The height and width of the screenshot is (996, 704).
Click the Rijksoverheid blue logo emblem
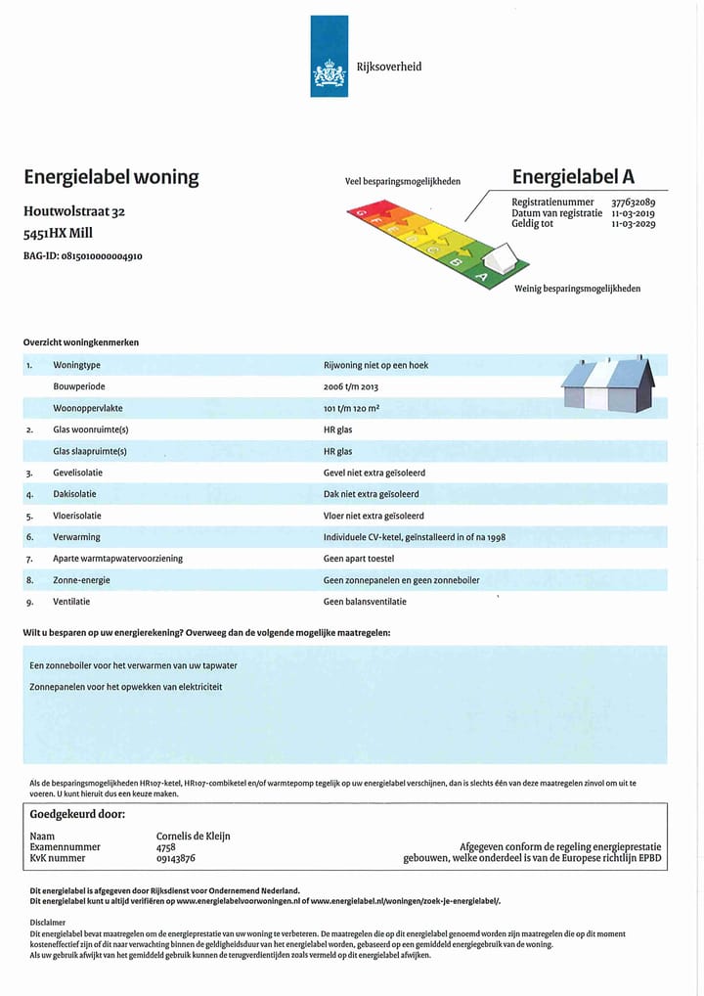click(x=329, y=57)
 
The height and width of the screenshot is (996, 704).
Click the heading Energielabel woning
click(x=110, y=177)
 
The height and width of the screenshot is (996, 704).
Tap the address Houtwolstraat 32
click(x=74, y=211)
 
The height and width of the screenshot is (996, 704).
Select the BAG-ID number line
click(x=83, y=256)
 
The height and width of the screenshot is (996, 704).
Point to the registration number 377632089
click(x=634, y=203)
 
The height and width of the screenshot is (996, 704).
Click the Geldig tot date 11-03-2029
click(x=634, y=224)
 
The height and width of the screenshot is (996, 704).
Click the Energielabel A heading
click(x=573, y=177)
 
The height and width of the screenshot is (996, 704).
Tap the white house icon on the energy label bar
click(x=500, y=261)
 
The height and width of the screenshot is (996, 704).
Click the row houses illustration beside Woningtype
click(x=607, y=385)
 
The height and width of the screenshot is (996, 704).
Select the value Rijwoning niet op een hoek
click(x=375, y=365)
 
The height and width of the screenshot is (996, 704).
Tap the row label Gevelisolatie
click(x=77, y=473)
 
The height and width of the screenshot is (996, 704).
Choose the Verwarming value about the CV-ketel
click(x=415, y=537)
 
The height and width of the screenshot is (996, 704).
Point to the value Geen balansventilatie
click(x=365, y=602)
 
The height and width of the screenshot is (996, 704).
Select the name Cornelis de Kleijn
click(x=193, y=837)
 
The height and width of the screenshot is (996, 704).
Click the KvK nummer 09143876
click(x=176, y=858)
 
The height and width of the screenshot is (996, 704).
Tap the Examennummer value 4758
click(x=166, y=847)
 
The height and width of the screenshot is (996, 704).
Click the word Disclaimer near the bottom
click(x=48, y=922)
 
